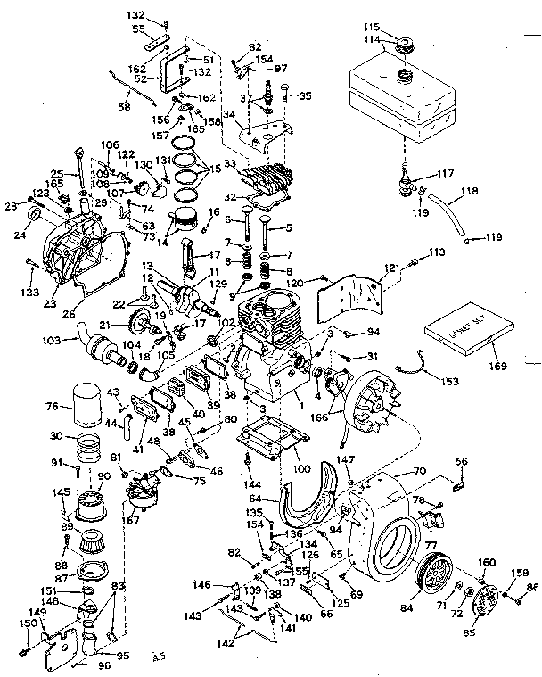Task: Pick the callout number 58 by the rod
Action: click(124, 107)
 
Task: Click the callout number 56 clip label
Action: click(461, 461)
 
